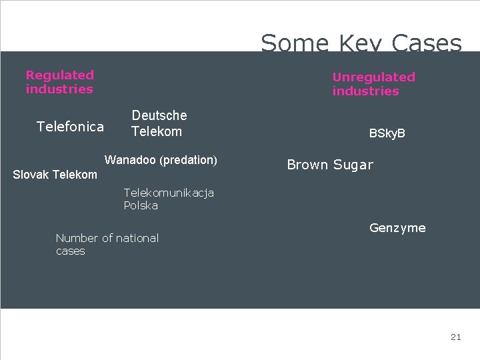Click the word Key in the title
coord(361,44)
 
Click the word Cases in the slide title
coord(427,44)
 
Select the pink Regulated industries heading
coord(60,82)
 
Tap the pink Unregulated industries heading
coord(373,84)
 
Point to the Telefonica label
coord(70,127)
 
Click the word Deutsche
coord(159,115)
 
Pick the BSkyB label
coord(387,133)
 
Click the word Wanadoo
coord(131,160)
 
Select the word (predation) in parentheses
coord(189,160)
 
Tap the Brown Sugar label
coord(330,165)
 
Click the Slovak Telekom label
coord(55,175)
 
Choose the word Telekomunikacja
coord(169,193)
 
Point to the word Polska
coord(141,205)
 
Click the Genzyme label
coord(397,228)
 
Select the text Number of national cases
coord(107,244)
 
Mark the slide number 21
coord(455,337)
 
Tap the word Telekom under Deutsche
coord(157,131)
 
